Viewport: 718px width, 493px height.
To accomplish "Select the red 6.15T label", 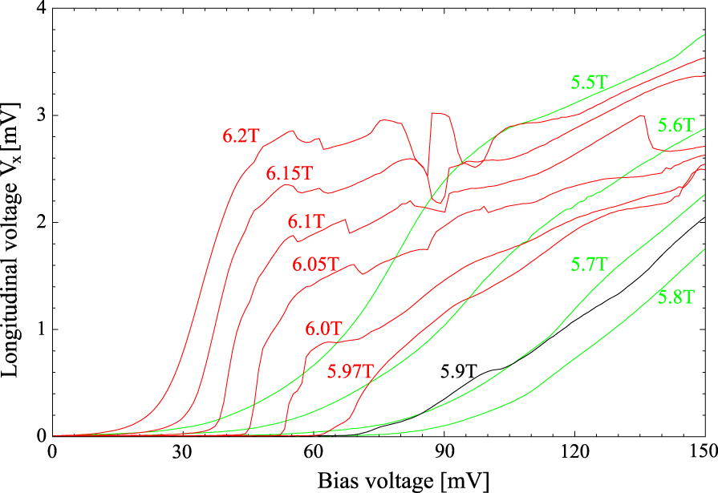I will click(289, 172).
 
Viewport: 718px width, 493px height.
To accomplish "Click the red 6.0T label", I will click(323, 329).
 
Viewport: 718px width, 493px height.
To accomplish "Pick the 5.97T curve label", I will click(351, 371).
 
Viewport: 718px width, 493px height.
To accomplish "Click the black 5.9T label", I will click(459, 371).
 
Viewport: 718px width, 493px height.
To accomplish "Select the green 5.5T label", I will click(590, 82).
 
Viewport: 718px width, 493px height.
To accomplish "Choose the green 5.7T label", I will click(590, 263).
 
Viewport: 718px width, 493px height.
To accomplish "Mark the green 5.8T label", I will click(676, 297).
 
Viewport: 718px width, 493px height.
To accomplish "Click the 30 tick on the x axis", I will click(183, 452).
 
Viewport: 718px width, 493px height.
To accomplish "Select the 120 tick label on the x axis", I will click(574, 452).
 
